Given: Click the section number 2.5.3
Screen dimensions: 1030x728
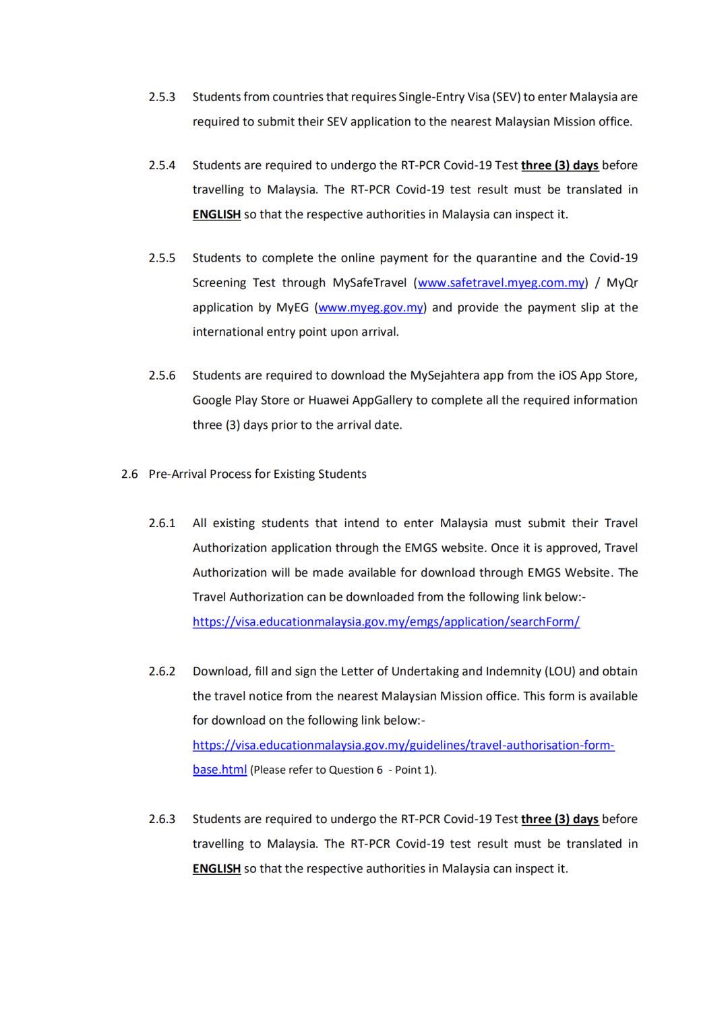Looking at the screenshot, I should tap(162, 97).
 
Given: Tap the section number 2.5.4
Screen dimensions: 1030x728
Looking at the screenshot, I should tap(162, 165).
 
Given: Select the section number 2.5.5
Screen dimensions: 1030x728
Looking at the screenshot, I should tap(162, 258).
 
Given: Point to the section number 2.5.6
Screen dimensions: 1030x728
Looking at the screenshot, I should tap(162, 375).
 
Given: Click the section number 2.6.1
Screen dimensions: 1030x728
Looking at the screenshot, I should tap(162, 523).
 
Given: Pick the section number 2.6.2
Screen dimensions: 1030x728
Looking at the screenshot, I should tap(162, 671).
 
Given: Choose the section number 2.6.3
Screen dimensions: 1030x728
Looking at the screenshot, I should tap(162, 819).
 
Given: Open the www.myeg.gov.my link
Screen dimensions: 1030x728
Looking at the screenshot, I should tap(371, 308).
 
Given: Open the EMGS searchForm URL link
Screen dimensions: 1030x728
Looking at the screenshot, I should tap(386, 622).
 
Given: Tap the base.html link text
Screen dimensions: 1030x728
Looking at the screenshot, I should tap(220, 770).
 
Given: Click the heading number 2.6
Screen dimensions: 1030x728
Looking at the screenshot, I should tap(129, 474).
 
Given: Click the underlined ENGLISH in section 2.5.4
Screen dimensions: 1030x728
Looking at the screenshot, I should tap(216, 215).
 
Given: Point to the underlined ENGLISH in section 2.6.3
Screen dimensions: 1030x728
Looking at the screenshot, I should tap(216, 869).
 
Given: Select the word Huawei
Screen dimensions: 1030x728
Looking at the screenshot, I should tap(328, 400).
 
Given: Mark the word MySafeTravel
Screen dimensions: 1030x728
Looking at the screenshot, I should tap(369, 283).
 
